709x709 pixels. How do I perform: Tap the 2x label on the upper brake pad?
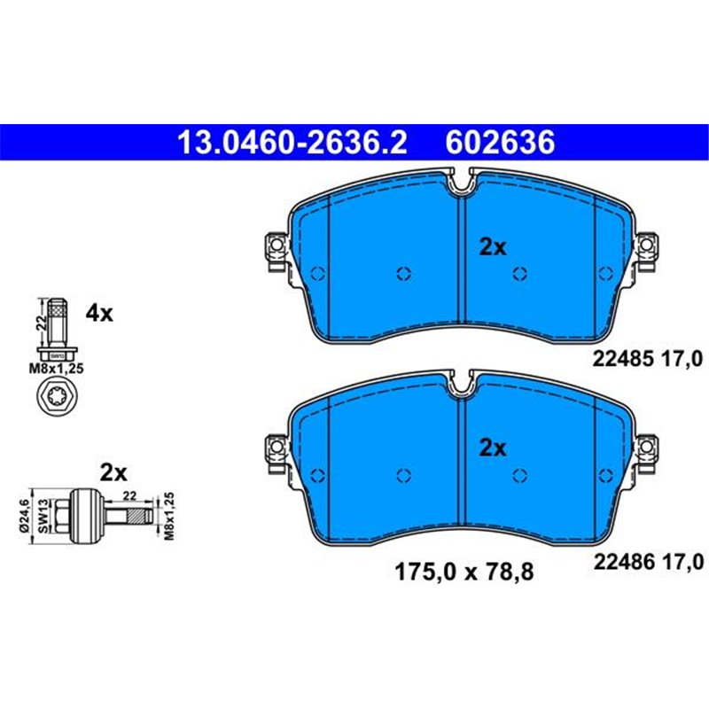[492, 248]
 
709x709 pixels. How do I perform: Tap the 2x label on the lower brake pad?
[492, 448]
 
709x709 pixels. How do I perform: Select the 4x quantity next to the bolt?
[99, 313]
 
